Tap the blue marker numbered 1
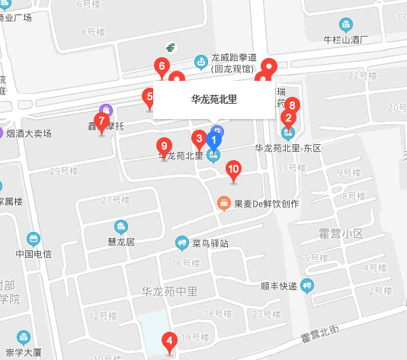(x=214, y=140)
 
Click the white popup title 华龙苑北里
(x=213, y=99)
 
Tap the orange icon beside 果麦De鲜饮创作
(x=224, y=204)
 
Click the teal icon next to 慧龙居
(x=120, y=227)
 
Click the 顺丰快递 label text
(x=278, y=287)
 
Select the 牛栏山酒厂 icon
(x=346, y=24)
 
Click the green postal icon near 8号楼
(x=173, y=49)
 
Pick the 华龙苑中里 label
(x=169, y=291)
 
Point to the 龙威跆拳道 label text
(x=233, y=57)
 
